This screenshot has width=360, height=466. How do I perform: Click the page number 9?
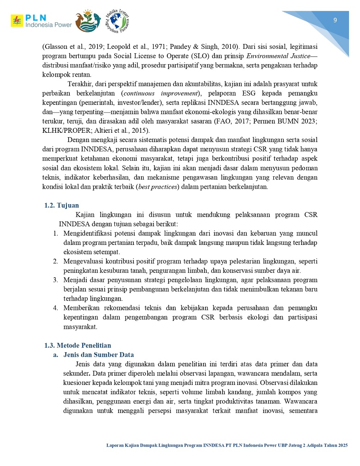point(335,21)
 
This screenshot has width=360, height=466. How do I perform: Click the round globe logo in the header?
point(117,21)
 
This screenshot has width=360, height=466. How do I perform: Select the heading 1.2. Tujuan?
point(62,206)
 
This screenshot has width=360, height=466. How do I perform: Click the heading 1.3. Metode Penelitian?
point(77,345)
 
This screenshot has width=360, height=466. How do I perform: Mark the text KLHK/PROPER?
point(62,130)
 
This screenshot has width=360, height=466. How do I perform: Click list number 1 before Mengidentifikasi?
point(56,233)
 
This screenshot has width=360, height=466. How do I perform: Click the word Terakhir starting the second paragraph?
point(80,84)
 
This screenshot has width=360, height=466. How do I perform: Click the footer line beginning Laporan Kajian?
point(227,445)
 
